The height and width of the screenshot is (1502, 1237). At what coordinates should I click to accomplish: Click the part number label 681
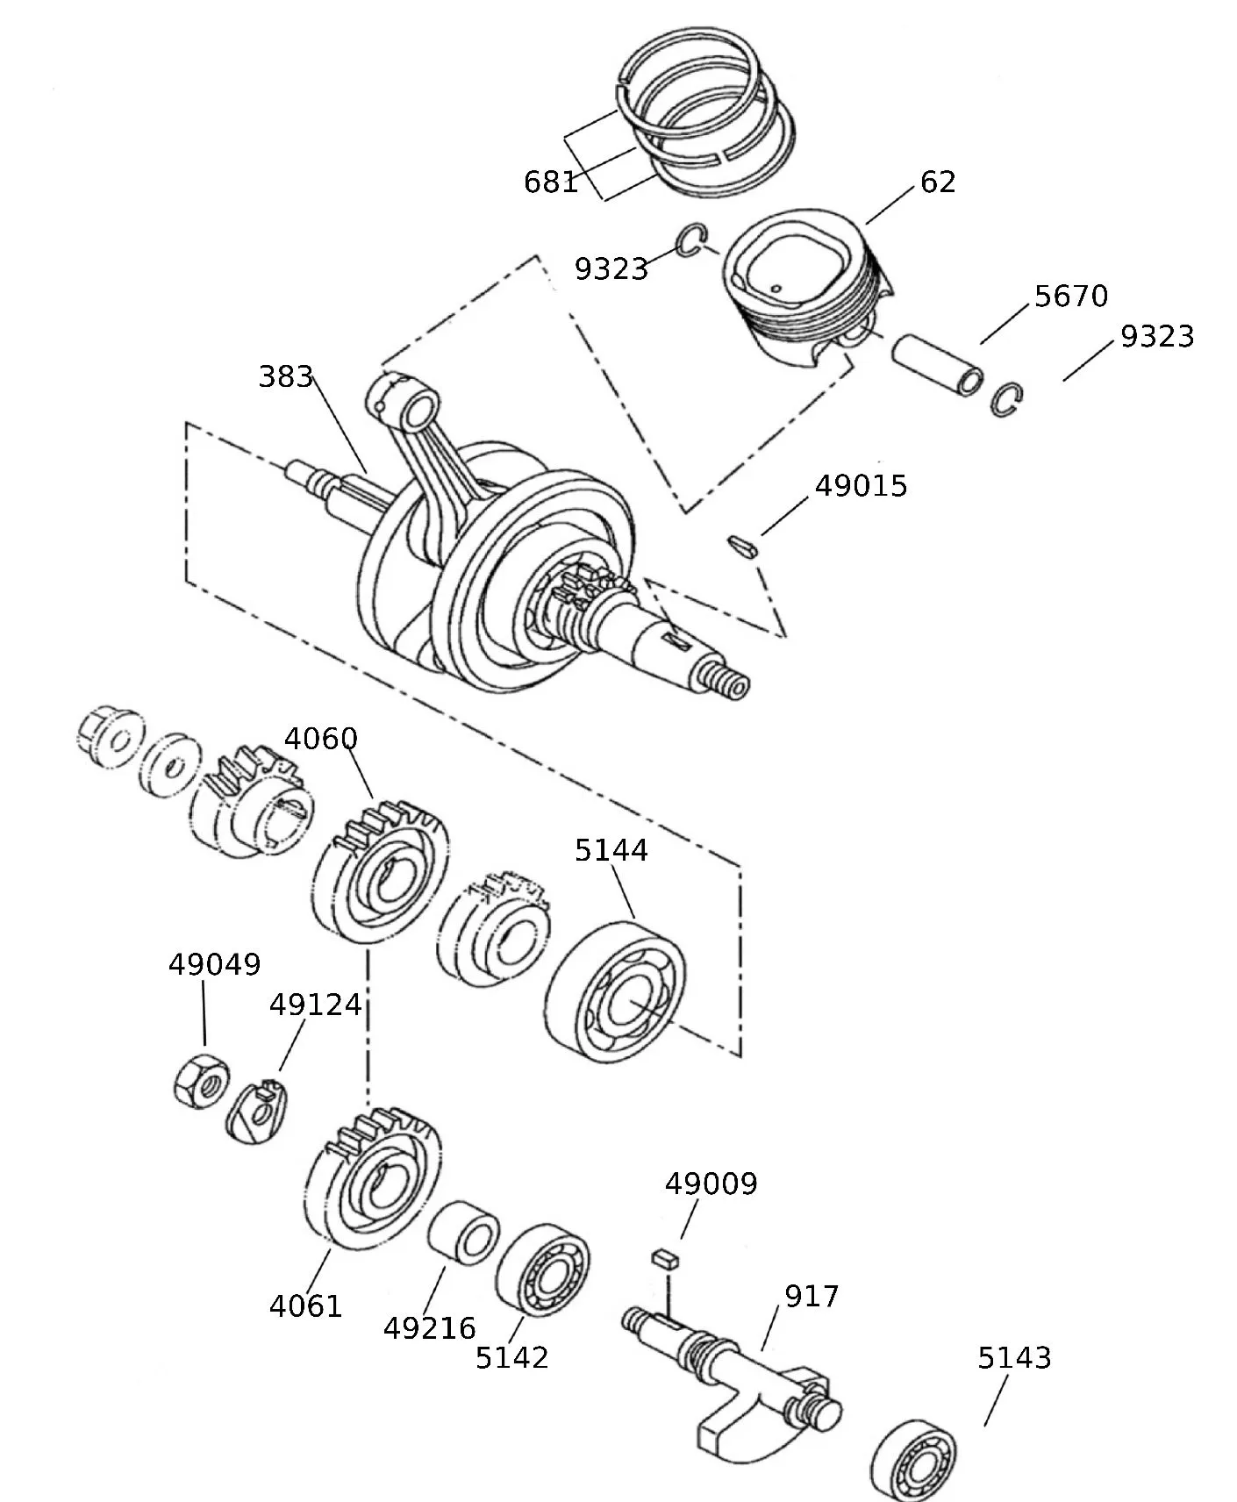551,182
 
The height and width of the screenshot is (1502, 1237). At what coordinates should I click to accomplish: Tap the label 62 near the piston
938,182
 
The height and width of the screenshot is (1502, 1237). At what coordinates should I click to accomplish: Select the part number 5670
1071,296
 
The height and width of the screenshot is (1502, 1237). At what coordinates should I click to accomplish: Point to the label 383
286,376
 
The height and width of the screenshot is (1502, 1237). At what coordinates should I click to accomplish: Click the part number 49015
861,486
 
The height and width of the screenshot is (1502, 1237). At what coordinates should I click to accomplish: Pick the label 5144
611,850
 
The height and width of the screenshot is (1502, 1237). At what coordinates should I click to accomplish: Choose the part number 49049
214,964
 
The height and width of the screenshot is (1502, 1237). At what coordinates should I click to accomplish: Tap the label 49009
711,1184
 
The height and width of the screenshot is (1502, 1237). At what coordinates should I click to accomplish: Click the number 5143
1014,1357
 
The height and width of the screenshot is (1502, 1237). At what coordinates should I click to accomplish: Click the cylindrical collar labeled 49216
463,1233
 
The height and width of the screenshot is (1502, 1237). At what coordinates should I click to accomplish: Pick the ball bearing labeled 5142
542,1269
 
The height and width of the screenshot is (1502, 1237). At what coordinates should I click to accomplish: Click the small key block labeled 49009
665,1258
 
